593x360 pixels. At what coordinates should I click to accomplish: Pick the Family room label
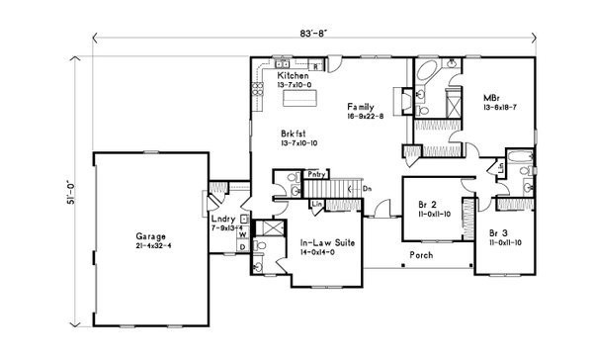362,106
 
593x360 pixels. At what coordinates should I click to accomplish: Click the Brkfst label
293,135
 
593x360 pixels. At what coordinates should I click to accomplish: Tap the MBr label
489,97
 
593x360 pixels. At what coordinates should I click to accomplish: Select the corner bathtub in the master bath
429,75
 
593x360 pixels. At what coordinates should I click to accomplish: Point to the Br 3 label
500,232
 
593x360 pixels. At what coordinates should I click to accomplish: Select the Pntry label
316,174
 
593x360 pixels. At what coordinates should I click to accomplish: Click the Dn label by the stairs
366,189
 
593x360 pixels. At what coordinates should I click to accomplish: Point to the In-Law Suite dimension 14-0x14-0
321,252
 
